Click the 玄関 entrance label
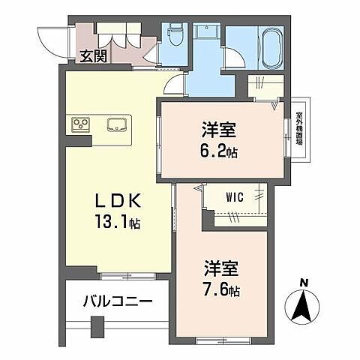point(93,55)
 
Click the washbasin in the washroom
point(203,33)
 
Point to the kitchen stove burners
point(81,125)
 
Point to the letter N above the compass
point(304,281)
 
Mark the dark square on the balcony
point(97,328)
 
